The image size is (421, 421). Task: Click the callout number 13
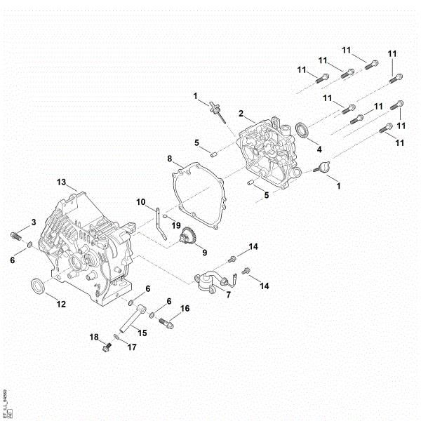point(61,182)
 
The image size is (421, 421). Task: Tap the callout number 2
point(241,113)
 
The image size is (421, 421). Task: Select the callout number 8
point(170,158)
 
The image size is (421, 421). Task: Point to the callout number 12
point(61,304)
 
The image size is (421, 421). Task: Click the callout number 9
point(204,253)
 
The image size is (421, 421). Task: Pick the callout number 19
point(176,225)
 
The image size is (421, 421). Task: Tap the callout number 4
point(319,149)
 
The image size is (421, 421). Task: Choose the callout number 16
point(185,308)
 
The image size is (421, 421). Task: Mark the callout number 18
point(93,338)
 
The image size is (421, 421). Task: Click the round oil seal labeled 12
point(38,287)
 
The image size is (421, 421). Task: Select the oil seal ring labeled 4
point(302,130)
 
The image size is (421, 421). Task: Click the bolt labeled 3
point(15,236)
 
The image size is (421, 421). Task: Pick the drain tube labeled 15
point(131,318)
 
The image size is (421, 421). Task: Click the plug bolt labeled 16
point(167,323)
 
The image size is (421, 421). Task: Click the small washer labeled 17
point(116,338)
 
